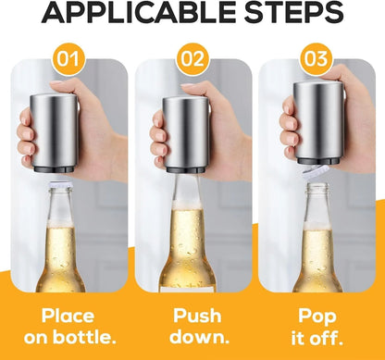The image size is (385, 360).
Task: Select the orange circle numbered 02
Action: point(192,60)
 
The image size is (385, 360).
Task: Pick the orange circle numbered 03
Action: point(317,60)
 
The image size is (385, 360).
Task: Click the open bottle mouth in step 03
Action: point(316,189)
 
